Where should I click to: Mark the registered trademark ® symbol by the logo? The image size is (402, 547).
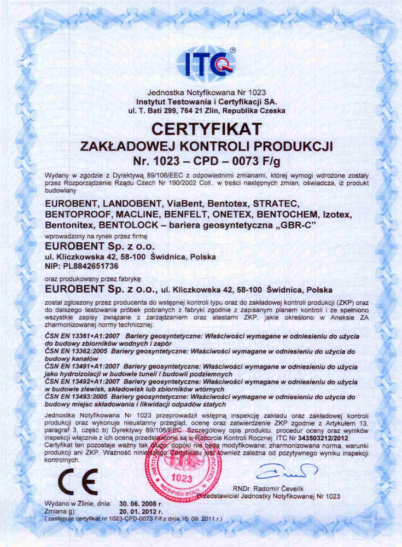tap(232, 50)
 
